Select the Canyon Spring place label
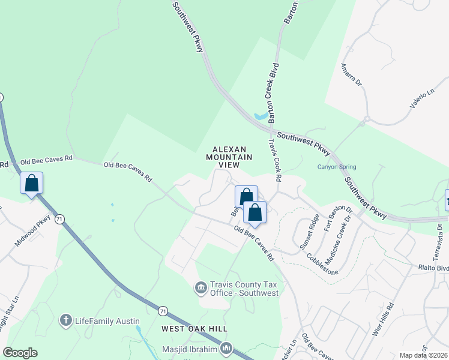(x=337, y=167)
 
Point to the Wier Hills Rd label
(x=382, y=319)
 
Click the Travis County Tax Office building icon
(x=200, y=289)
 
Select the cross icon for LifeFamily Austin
(x=67, y=320)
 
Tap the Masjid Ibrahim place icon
(x=226, y=348)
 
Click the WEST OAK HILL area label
(x=194, y=329)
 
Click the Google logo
(x=20, y=353)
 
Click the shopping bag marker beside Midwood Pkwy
(x=31, y=183)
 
